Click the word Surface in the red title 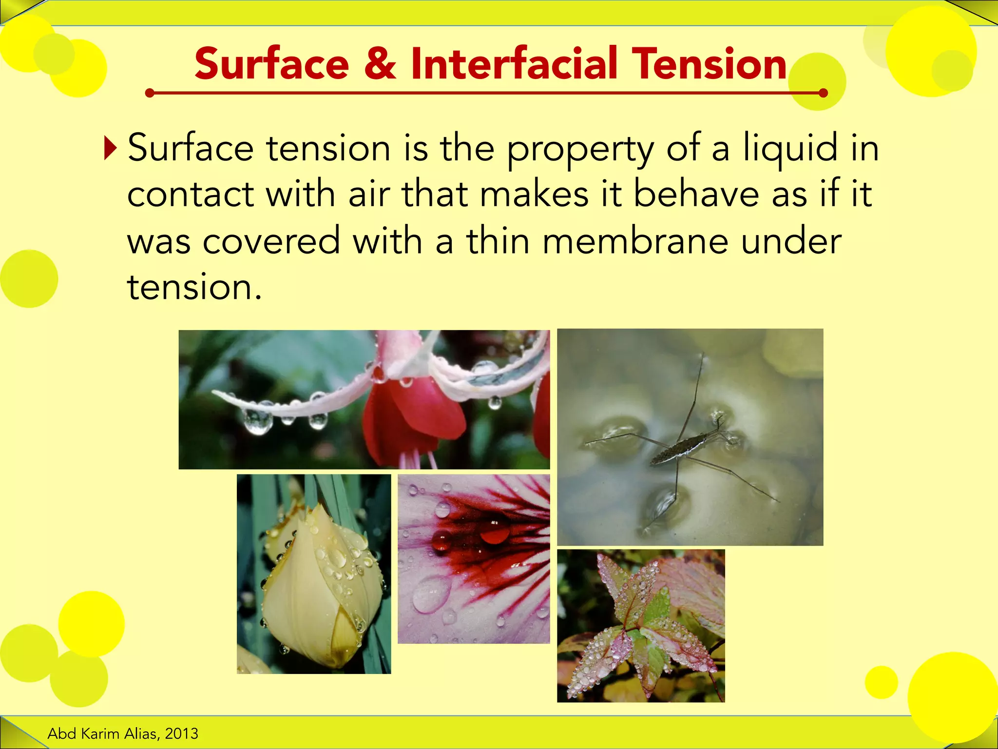[271, 64]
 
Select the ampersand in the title [380, 64]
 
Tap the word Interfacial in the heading [514, 64]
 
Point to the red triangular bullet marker [111, 148]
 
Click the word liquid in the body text [790, 148]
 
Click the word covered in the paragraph [271, 241]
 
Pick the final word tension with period [194, 288]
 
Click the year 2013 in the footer [181, 733]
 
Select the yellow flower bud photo [314, 574]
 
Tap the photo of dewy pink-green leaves [641, 626]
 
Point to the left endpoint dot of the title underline [150, 93]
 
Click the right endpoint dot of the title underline [823, 93]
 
